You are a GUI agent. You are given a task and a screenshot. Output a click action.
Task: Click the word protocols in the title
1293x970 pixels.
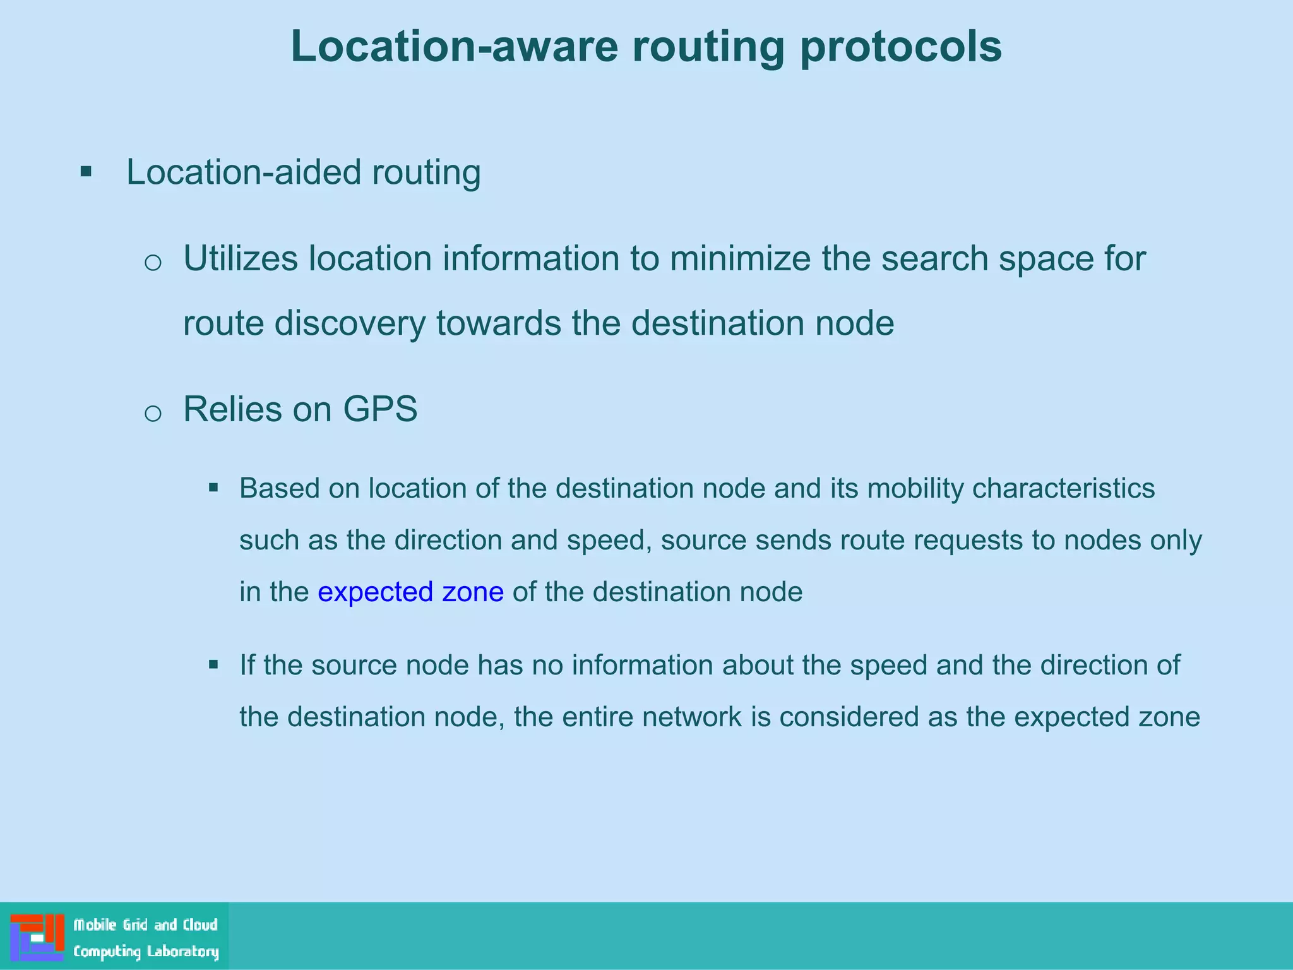900,47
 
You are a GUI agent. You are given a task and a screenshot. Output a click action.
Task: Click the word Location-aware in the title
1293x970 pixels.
454,47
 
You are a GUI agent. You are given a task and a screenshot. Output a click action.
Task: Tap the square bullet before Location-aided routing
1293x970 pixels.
86,172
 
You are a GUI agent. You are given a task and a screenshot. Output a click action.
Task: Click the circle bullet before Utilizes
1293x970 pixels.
153,262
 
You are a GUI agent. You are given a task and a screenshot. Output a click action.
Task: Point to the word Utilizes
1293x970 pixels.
241,259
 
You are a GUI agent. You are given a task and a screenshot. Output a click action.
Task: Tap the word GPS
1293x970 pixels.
380,409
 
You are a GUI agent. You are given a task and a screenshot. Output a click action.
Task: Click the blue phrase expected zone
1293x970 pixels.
410,592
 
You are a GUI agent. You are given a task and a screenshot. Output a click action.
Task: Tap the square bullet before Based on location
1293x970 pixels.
213,488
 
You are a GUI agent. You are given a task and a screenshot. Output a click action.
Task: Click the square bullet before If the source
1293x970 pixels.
213,664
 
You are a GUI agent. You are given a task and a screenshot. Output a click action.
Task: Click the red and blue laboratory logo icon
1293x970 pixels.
37,937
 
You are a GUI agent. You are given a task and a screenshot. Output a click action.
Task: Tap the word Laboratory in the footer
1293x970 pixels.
182,952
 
